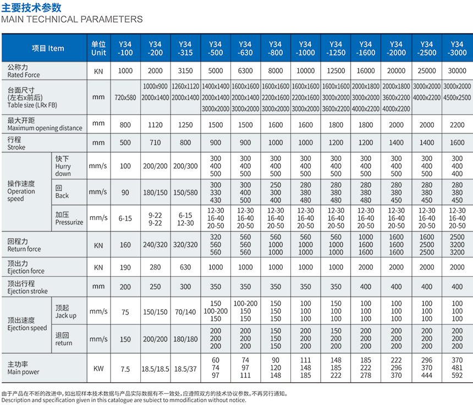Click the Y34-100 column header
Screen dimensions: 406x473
125,48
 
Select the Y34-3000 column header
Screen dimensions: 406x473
457,48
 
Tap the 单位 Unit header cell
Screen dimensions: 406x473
98,48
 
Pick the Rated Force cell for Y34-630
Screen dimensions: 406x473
245,71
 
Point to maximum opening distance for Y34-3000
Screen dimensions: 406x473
457,124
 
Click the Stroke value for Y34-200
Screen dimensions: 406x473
155,143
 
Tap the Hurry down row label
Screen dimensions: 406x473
63,166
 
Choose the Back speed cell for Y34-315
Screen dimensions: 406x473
185,192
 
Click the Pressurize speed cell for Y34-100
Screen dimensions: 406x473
125,218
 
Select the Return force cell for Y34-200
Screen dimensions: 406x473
155,245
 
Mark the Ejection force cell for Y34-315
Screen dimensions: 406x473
185,267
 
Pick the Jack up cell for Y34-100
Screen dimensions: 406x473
125,311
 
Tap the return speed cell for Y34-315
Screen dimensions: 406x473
185,339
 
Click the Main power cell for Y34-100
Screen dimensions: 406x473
125,368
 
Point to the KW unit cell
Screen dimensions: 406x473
98,368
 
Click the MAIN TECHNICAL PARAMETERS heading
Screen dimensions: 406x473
72,19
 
